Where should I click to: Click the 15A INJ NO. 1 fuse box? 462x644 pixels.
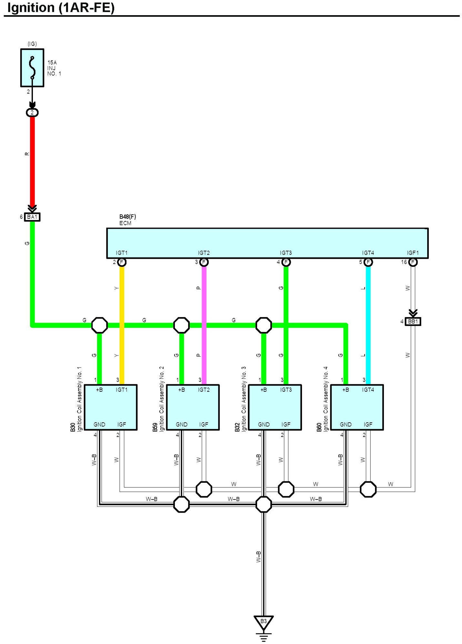coord(32,68)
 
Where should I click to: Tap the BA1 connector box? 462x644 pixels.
coord(32,217)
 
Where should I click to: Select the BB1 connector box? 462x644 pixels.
coord(413,321)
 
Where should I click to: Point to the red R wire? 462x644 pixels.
coord(32,161)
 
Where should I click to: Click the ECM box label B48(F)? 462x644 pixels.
coord(128,216)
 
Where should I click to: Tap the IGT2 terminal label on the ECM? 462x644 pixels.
coord(204,253)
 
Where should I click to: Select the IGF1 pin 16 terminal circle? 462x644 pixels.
coord(413,262)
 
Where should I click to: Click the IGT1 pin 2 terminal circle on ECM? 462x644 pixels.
coord(122,262)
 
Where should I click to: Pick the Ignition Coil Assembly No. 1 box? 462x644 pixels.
coord(111,407)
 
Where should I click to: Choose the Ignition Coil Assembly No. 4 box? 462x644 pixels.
coord(357,407)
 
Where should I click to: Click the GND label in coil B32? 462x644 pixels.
coord(264,424)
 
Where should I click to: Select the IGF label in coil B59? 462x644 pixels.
coord(204,424)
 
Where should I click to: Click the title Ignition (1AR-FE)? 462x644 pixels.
coord(61,7)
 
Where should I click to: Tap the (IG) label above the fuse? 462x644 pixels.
coord(32,44)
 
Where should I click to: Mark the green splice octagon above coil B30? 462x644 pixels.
coord(99,325)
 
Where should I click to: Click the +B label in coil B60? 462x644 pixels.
coord(346,390)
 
